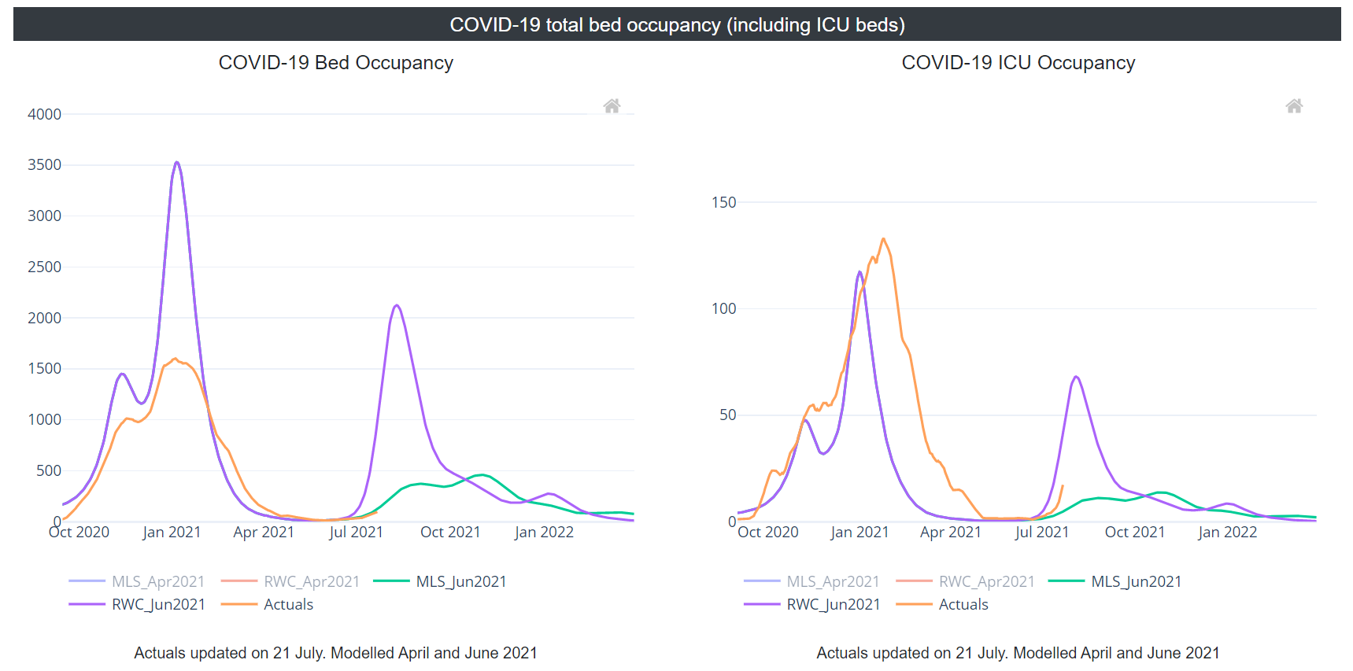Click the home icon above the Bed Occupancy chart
point(612,106)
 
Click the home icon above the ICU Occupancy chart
point(1294,106)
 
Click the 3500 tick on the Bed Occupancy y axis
point(44,165)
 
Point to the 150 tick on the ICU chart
point(723,202)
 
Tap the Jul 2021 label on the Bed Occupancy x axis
point(356,533)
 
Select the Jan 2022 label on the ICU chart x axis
point(1227,533)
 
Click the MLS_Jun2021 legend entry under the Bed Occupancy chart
point(460,582)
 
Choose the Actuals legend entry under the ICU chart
point(963,605)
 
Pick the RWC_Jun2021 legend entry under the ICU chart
point(833,605)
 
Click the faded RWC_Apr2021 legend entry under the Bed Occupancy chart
point(311,582)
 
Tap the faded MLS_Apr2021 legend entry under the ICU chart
point(832,582)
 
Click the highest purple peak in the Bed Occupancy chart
point(177,163)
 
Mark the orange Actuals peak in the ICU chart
point(883,239)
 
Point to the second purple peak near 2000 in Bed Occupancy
point(397,305)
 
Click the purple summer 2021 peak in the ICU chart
point(1076,377)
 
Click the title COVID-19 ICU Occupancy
point(1018,63)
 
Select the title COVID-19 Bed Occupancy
point(335,63)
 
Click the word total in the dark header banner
point(564,25)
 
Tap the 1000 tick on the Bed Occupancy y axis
point(44,420)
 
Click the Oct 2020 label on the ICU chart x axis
point(767,533)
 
